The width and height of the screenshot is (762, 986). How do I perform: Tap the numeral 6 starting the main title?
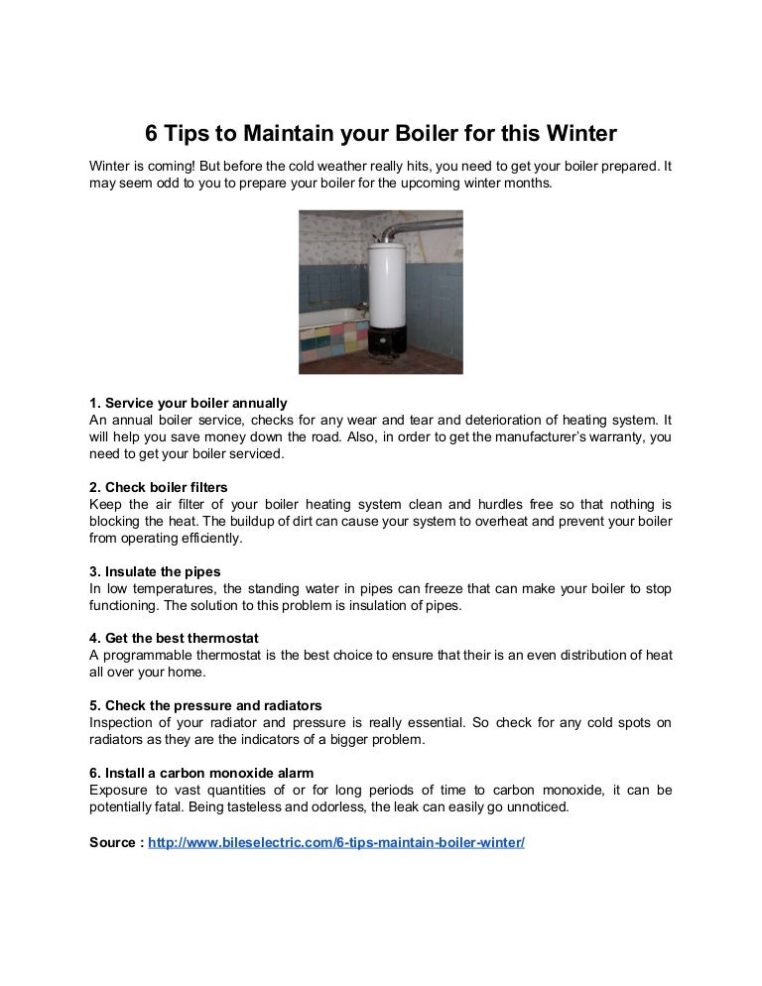pyautogui.click(x=151, y=133)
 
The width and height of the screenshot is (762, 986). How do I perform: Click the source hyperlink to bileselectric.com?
pyautogui.click(x=336, y=842)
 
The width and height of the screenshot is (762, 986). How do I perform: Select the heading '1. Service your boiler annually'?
pyautogui.click(x=189, y=403)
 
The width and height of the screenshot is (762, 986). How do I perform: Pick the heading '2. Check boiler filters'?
pyautogui.click(x=159, y=487)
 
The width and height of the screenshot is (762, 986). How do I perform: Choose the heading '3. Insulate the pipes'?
pyautogui.click(x=155, y=571)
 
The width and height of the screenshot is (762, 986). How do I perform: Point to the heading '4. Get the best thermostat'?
pyautogui.click(x=174, y=638)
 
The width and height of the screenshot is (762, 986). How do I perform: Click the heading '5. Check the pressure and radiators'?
pyautogui.click(x=205, y=705)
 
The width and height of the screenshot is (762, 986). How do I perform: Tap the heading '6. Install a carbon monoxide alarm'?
pyautogui.click(x=201, y=773)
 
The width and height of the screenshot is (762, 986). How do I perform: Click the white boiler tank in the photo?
pyautogui.click(x=386, y=284)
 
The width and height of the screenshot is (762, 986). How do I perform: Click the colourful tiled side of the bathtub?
pyautogui.click(x=333, y=340)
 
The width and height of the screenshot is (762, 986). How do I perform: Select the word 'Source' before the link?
pyautogui.click(x=113, y=842)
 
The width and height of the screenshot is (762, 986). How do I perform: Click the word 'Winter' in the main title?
pyautogui.click(x=582, y=133)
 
